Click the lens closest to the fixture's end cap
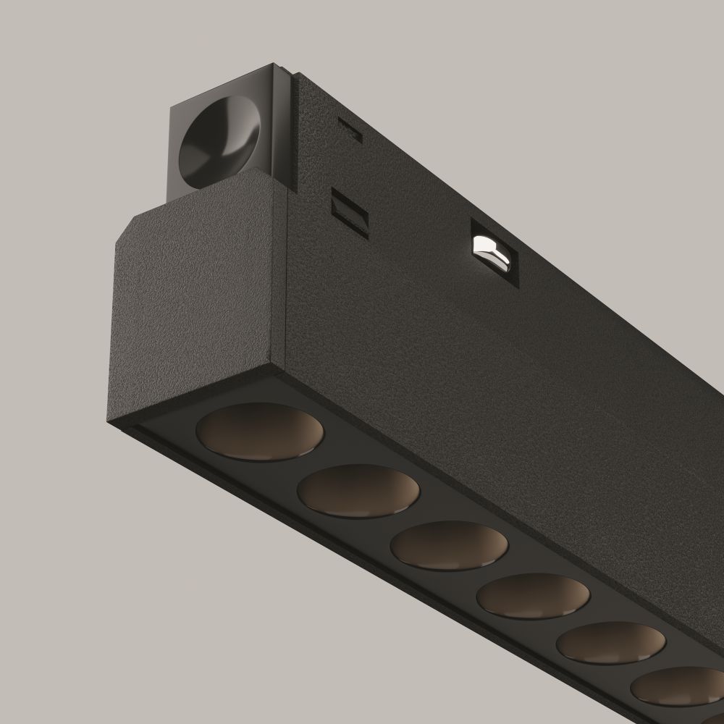pyautogui.click(x=260, y=433)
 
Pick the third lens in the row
pyautogui.click(x=449, y=547)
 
